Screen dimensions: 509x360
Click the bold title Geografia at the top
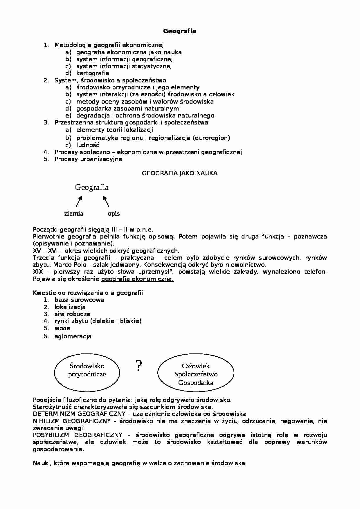(x=179, y=31)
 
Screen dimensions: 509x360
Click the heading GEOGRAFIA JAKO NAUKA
(x=179, y=173)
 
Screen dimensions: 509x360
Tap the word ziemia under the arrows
(x=74, y=214)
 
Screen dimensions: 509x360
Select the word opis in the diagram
(x=114, y=214)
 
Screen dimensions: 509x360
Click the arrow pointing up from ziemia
(x=79, y=201)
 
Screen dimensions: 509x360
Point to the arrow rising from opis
(x=106, y=201)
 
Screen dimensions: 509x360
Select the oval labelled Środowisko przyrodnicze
(x=87, y=370)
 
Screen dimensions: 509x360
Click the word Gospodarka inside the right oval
(x=196, y=382)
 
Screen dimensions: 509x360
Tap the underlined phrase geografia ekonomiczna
(x=137, y=279)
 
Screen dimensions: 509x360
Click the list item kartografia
(x=93, y=73)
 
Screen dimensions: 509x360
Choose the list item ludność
(x=88, y=145)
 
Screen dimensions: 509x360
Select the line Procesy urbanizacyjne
(x=88, y=159)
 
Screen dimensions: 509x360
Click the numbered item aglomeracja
(x=73, y=336)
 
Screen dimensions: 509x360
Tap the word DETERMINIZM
(x=54, y=414)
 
